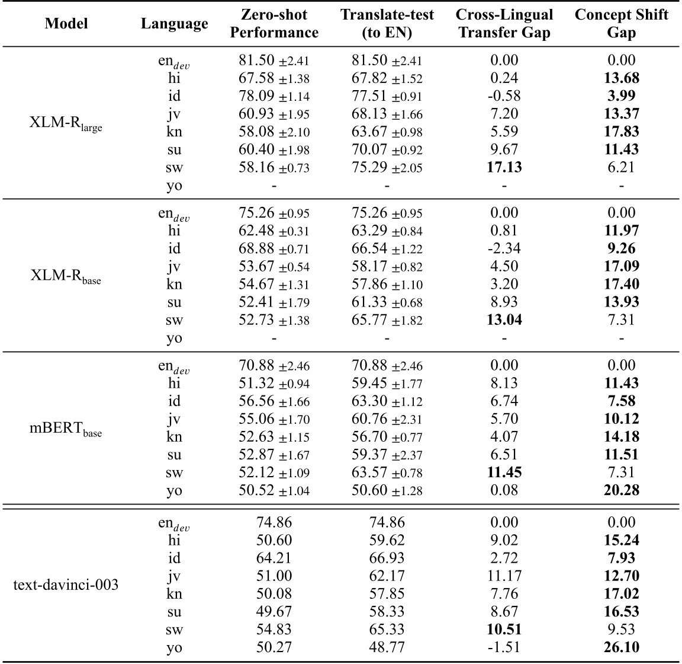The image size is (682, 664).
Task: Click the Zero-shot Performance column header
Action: pyautogui.click(x=274, y=23)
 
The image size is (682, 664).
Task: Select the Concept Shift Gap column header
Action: pyautogui.click(x=621, y=23)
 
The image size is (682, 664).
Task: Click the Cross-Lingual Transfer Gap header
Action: pyautogui.click(x=504, y=23)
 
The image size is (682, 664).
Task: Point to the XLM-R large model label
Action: pyautogui.click(x=66, y=123)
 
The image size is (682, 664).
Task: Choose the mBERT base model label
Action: pyautogui.click(x=66, y=429)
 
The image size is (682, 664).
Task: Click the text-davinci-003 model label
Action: pyautogui.click(x=66, y=585)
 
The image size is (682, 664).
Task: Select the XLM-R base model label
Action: pyautogui.click(x=66, y=276)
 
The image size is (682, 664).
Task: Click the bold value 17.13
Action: pyautogui.click(x=504, y=167)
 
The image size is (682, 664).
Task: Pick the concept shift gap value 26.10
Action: pyautogui.click(x=621, y=647)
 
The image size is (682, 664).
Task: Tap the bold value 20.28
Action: pyautogui.click(x=621, y=490)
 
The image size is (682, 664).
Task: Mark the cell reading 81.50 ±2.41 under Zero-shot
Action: pyautogui.click(x=274, y=60)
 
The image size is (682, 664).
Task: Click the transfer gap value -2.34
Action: pyautogui.click(x=504, y=248)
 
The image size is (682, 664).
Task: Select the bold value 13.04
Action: pyautogui.click(x=504, y=320)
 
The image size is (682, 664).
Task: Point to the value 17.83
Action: pyautogui.click(x=621, y=131)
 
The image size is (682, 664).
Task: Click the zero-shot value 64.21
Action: pyautogui.click(x=274, y=558)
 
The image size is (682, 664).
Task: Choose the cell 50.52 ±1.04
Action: pyautogui.click(x=274, y=490)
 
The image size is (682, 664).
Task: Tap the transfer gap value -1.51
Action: pyautogui.click(x=504, y=647)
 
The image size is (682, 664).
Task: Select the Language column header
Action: pyautogui.click(x=175, y=23)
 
